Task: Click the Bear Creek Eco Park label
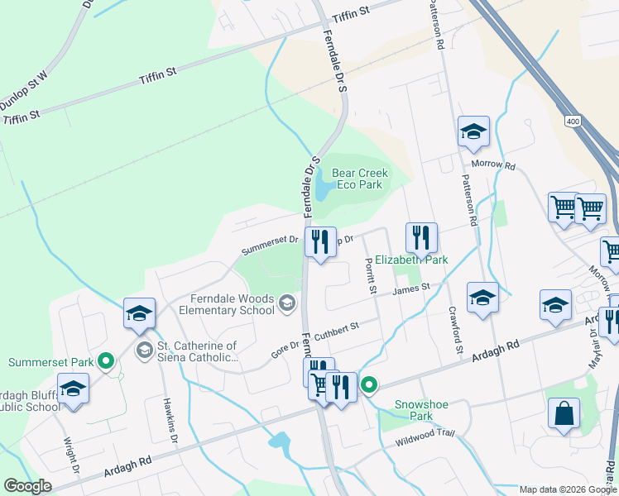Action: click(x=357, y=179)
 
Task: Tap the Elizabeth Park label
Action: click(x=410, y=260)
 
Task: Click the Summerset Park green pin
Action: click(x=106, y=361)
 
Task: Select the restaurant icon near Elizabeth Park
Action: click(x=421, y=238)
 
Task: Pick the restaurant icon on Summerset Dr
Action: click(x=319, y=242)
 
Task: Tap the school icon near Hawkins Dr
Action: click(x=139, y=313)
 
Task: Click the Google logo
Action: click(x=27, y=486)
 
